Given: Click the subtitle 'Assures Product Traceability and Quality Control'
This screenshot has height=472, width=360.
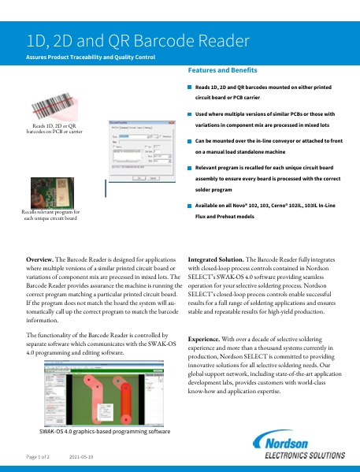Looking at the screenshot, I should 91,58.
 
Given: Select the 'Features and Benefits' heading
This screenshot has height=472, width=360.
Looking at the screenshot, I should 223,71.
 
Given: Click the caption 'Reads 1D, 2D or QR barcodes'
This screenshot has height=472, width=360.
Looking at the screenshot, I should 54,128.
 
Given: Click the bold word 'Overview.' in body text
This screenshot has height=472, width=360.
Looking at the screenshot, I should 40,258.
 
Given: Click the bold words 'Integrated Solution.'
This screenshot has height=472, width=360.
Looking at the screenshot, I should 217,258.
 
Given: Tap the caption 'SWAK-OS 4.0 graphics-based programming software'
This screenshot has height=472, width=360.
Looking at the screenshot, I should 105,432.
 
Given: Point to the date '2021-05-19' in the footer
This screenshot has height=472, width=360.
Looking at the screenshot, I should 81,457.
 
